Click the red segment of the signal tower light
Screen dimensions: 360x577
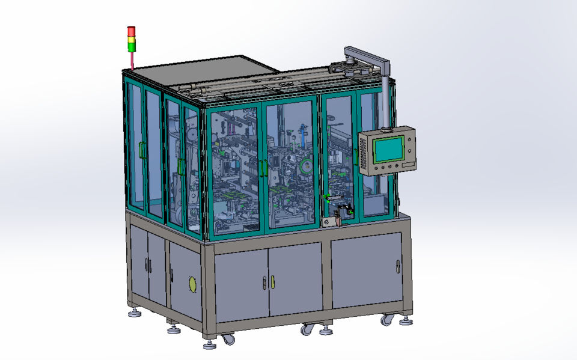pos(131,30)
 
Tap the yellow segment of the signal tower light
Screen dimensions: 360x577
pos(131,38)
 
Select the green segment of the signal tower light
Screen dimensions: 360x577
pos(131,46)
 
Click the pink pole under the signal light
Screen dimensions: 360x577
pos(132,61)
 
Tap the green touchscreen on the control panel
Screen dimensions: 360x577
pos(388,149)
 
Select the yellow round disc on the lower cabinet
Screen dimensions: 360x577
pos(192,284)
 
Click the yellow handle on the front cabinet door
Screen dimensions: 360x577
pos(272,281)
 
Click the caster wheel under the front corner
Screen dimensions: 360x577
pos(228,340)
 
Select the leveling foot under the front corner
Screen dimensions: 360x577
pos(209,344)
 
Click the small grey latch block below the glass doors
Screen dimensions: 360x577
pos(328,222)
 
